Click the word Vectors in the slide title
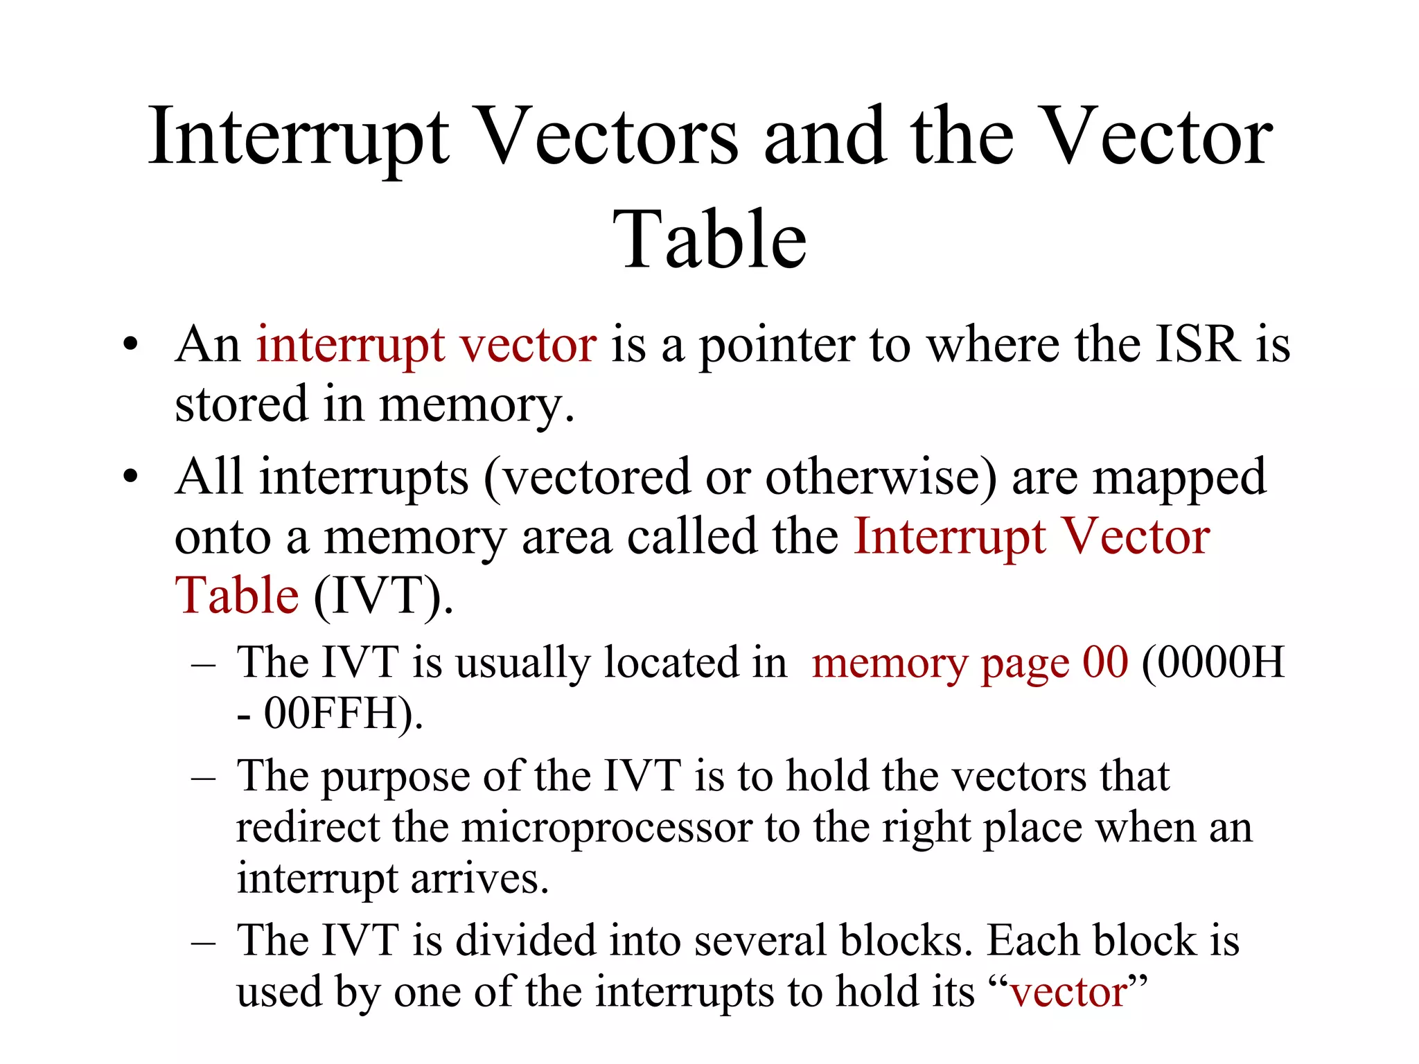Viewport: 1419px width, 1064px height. pos(608,137)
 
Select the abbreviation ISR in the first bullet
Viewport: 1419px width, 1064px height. pos(1198,344)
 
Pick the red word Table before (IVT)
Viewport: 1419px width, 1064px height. pos(237,596)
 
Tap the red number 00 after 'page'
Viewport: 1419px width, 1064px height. pos(1105,663)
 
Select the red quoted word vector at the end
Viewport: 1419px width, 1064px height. pos(1068,993)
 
